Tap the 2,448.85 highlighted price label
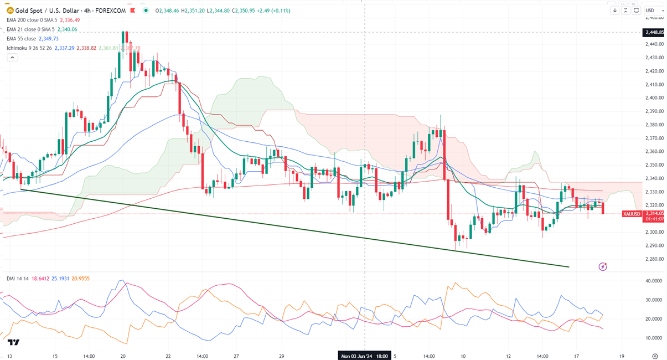[654, 33]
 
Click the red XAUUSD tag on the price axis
[632, 214]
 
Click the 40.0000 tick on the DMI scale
[654, 281]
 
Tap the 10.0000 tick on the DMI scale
[654, 338]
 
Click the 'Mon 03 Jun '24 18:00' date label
[364, 356]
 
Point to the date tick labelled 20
[123, 356]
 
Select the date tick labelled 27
[236, 356]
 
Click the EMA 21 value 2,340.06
[66, 29]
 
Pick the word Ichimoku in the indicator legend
[19, 48]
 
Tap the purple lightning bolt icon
[603, 267]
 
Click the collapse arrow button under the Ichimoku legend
[11, 58]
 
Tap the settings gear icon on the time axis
[655, 356]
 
